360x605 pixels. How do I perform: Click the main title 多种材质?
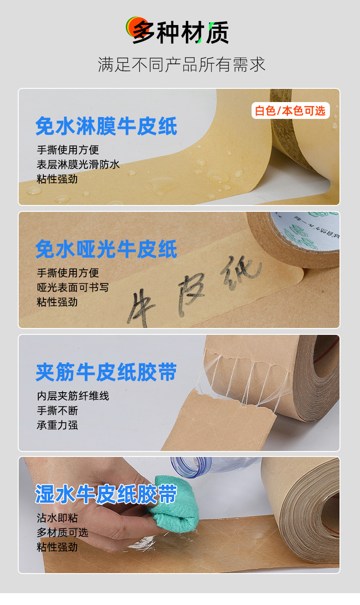180,32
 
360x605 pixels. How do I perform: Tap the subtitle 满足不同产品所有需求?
181,64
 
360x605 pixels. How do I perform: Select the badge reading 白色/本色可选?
290,111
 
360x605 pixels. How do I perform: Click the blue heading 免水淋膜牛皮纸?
106,126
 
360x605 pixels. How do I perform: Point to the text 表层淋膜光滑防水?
78,164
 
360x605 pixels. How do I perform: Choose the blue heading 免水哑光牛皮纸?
106,249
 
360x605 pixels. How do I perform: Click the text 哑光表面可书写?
73,287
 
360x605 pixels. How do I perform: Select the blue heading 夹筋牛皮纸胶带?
106,372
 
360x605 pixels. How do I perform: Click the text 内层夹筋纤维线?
73,396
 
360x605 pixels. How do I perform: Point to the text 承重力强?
57,425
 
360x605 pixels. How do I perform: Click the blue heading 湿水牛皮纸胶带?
106,495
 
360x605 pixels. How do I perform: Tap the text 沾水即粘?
57,518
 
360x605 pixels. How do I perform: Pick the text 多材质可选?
62,532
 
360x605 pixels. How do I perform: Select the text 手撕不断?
57,410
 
